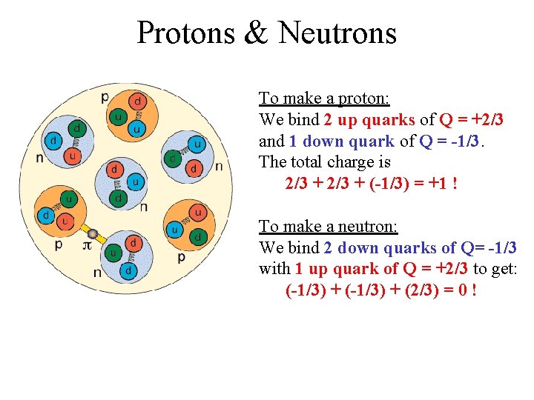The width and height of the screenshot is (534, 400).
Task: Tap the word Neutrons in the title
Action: tap(337, 33)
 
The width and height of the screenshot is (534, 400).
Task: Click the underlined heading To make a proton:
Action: tap(324, 98)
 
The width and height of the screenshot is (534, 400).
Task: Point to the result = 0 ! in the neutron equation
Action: tap(457, 290)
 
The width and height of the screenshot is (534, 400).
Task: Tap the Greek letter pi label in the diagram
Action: tap(87, 244)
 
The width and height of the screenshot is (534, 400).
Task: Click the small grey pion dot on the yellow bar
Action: tap(93, 233)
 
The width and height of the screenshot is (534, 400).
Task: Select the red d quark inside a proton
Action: tap(138, 101)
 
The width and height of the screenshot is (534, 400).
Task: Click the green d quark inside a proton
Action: tap(198, 237)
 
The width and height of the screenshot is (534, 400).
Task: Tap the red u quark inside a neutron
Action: tap(71, 156)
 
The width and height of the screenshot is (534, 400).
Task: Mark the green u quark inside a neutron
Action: tap(112, 253)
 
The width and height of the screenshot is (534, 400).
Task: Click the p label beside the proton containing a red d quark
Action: tap(105, 96)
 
